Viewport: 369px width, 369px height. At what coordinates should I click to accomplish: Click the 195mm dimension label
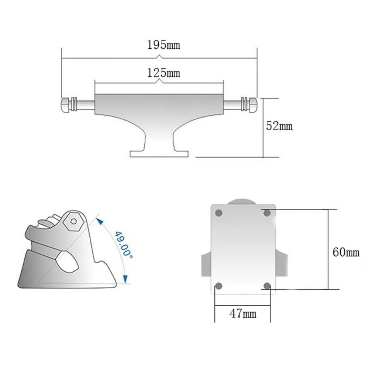[163, 45]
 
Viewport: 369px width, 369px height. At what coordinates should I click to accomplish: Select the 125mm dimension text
[163, 73]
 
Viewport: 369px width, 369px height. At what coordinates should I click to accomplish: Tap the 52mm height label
[279, 126]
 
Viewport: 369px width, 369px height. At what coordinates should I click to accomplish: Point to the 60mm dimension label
[346, 252]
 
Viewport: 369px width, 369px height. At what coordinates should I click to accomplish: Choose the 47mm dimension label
[243, 313]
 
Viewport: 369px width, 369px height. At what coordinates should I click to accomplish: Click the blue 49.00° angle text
[124, 245]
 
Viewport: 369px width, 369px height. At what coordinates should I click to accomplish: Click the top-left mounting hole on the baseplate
[218, 213]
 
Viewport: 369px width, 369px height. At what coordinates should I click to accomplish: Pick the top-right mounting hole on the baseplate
[267, 213]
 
